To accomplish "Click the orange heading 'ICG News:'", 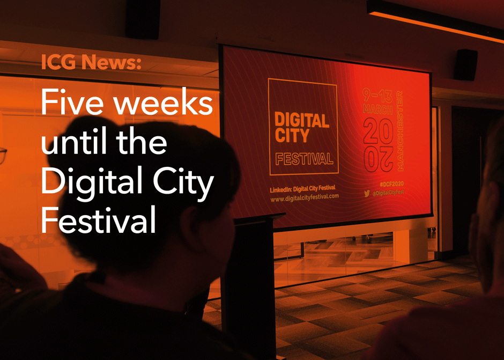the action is [x=91, y=62].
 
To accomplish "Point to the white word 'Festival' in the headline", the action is [x=98, y=220].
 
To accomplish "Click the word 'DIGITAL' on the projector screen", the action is [x=302, y=121].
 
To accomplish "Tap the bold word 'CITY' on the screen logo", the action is [x=292, y=135].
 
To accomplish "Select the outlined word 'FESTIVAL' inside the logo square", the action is [x=304, y=159].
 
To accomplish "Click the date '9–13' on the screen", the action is [x=377, y=95].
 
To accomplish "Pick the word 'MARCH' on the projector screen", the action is [x=377, y=109].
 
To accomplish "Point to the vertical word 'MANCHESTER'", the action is [x=400, y=130].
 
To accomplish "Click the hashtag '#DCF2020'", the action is [x=391, y=184].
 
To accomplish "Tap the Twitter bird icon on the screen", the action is [x=367, y=193].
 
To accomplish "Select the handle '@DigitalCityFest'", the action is [x=388, y=193].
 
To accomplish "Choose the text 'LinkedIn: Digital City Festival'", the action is [x=302, y=189].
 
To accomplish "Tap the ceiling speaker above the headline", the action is [x=143, y=19].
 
